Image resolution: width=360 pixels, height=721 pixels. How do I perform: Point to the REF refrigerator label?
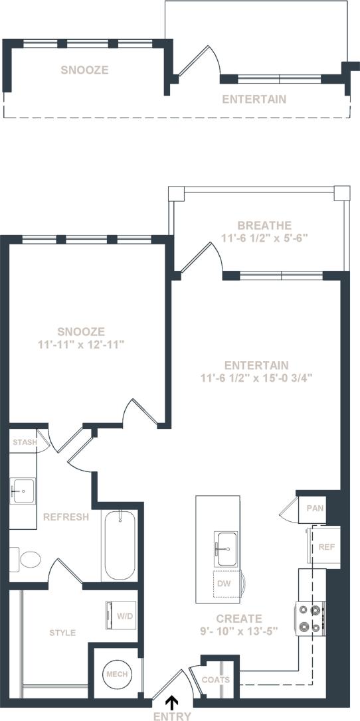(x=326, y=547)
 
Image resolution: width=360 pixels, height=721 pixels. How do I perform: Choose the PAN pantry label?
(x=314, y=509)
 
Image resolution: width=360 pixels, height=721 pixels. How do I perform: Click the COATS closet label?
(x=216, y=679)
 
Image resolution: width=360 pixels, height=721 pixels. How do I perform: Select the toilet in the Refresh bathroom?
(x=27, y=559)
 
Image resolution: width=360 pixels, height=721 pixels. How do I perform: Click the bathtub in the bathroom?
(x=120, y=546)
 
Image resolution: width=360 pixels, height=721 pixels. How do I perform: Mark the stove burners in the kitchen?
(x=310, y=617)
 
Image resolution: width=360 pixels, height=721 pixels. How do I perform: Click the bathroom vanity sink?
(x=23, y=493)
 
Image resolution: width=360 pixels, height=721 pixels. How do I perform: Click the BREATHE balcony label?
(x=256, y=225)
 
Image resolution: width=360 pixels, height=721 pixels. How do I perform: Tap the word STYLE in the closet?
(x=62, y=633)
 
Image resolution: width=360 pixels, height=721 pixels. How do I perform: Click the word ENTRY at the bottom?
(x=171, y=716)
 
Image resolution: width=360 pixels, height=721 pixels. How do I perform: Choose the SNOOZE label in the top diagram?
(x=84, y=70)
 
